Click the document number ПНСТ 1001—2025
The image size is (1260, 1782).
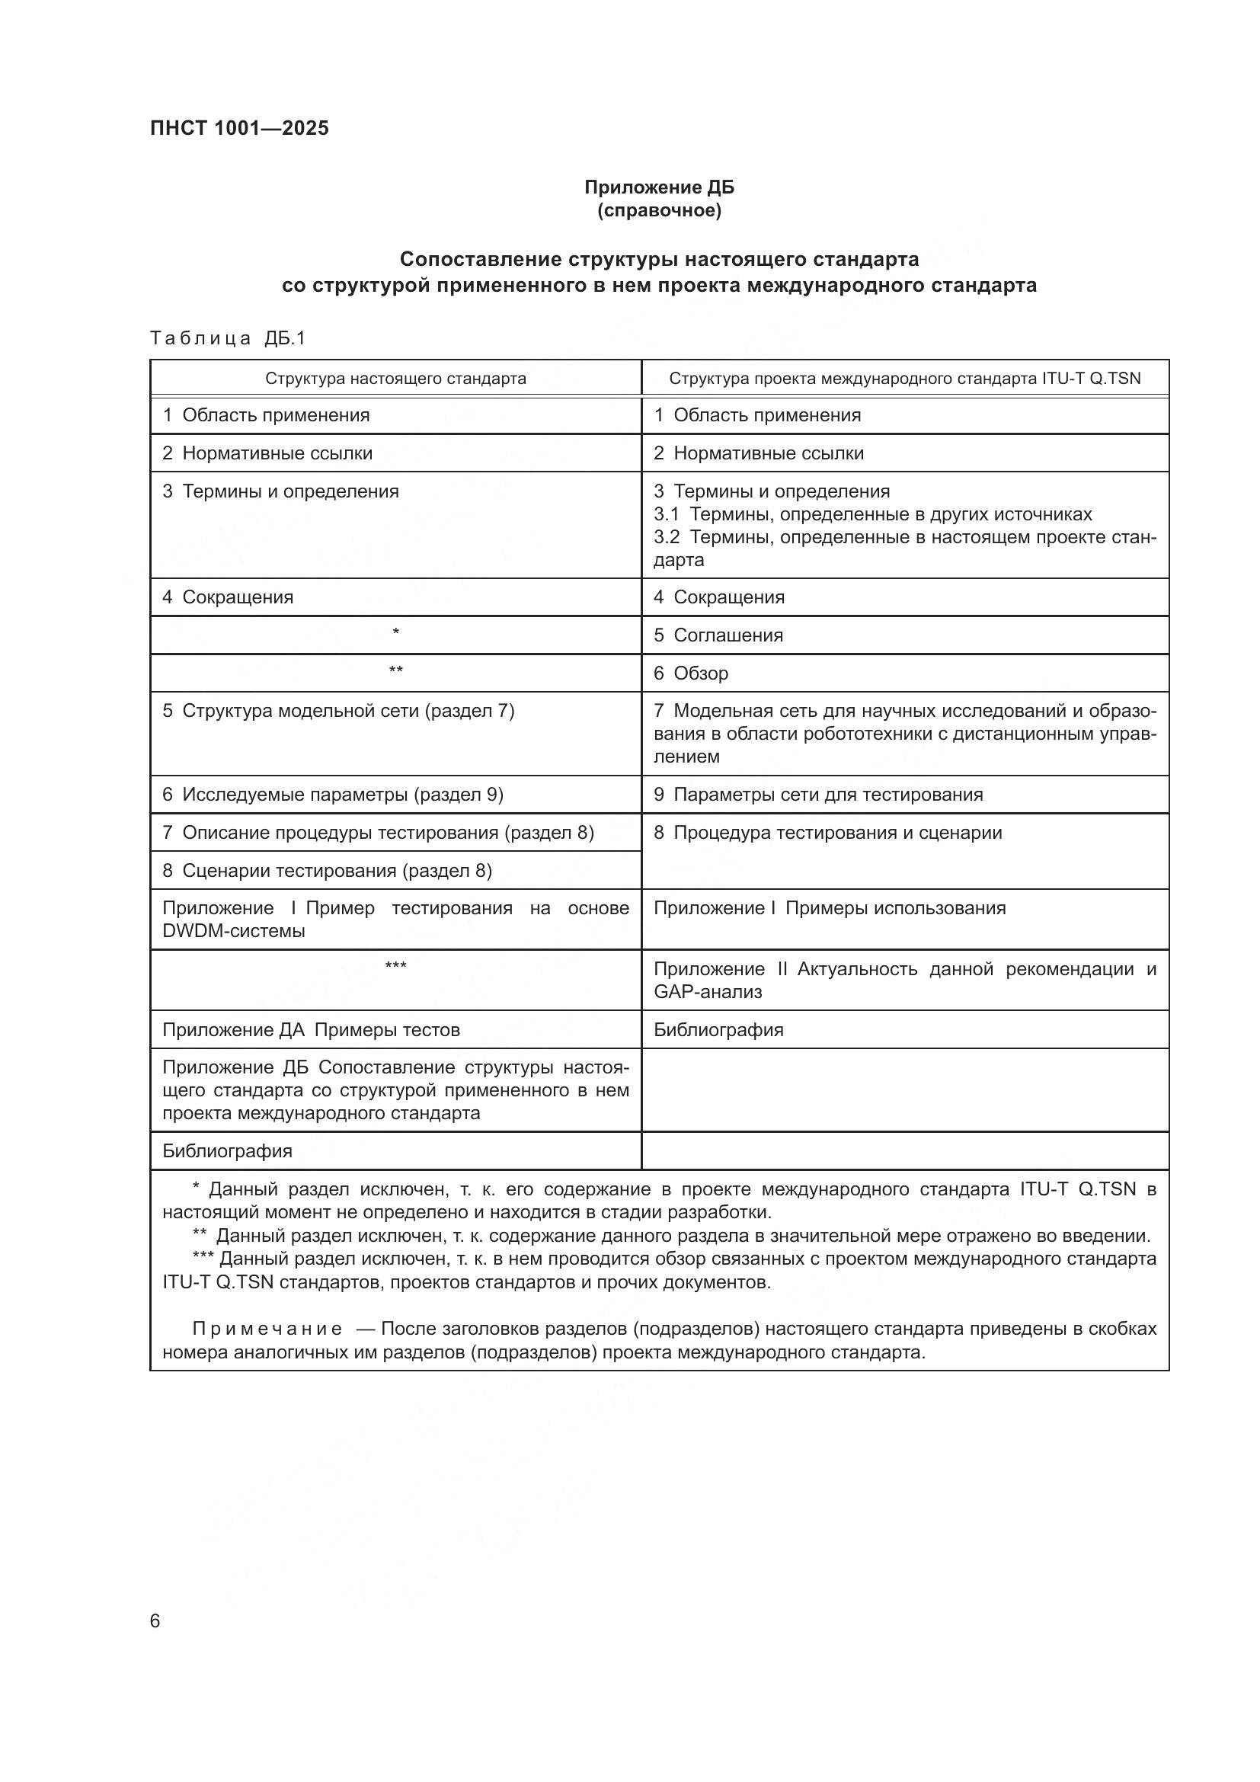(x=239, y=128)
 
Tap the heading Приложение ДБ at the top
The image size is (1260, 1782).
(x=659, y=187)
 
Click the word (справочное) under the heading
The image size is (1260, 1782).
(x=659, y=211)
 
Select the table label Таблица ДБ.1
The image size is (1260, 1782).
(x=228, y=338)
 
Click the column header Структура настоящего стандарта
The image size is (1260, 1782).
(x=395, y=379)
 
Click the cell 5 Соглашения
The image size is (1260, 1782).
(x=718, y=635)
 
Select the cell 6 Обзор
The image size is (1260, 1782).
(x=690, y=673)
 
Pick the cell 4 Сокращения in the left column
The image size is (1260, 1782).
(x=228, y=597)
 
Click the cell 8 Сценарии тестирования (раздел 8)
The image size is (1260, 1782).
(x=327, y=871)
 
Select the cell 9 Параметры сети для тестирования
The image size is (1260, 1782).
(x=817, y=795)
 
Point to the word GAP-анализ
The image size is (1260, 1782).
(x=708, y=992)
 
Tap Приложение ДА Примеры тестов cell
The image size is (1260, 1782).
(x=311, y=1030)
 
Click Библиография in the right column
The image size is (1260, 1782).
(x=718, y=1030)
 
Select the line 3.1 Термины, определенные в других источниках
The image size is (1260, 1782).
(x=872, y=514)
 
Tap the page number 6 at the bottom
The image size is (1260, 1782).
(x=155, y=1621)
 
